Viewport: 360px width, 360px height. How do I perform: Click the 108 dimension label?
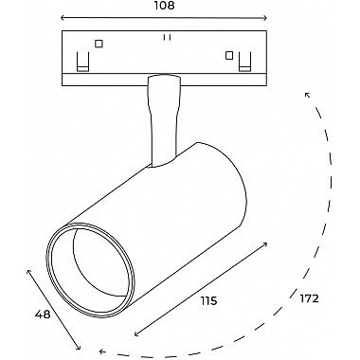click(165, 5)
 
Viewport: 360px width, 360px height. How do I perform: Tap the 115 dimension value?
click(209, 301)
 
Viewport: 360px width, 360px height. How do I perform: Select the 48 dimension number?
click(43, 315)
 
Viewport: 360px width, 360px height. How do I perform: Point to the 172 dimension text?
click(310, 298)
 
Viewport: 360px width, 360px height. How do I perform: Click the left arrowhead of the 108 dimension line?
click(63, 18)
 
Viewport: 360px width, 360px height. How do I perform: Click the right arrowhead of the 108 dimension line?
click(265, 18)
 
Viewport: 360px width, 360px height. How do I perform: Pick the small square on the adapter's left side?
click(99, 44)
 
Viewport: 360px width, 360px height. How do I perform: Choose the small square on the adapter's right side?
click(229, 56)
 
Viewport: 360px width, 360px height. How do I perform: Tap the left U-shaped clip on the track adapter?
click(83, 62)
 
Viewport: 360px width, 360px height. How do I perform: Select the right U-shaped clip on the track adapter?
click(244, 62)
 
